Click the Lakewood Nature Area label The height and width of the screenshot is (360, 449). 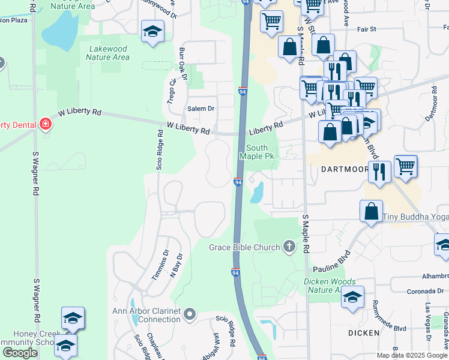click(107, 53)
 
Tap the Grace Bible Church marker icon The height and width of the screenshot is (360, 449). click(289, 247)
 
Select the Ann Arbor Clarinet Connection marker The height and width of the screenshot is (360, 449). click(190, 314)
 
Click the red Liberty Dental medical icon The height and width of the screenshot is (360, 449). click(45, 125)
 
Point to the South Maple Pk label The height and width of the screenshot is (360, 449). click(257, 152)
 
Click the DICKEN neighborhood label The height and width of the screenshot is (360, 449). click(363, 332)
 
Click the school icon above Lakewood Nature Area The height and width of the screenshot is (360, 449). click(152, 31)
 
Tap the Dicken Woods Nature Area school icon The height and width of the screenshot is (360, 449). click(352, 296)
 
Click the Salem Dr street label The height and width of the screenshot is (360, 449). click(201, 109)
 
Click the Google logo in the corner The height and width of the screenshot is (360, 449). click(20, 353)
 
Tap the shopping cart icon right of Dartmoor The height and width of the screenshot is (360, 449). click(406, 166)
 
